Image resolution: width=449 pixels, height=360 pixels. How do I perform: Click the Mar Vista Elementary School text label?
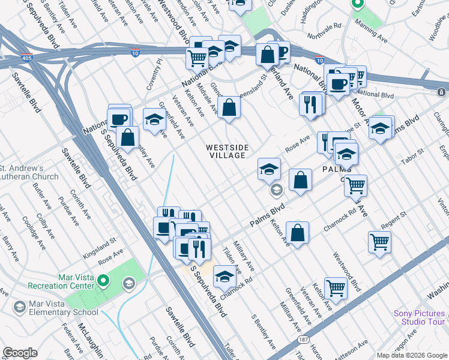pos(62,312)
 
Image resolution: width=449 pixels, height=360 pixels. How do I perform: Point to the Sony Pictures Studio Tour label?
pos(420,318)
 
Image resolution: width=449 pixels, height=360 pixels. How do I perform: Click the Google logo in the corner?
pos(19,353)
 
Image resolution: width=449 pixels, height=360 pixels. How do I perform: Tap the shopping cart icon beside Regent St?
pos(380,242)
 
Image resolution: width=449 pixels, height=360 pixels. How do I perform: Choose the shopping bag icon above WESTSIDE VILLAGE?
pos(229,108)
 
